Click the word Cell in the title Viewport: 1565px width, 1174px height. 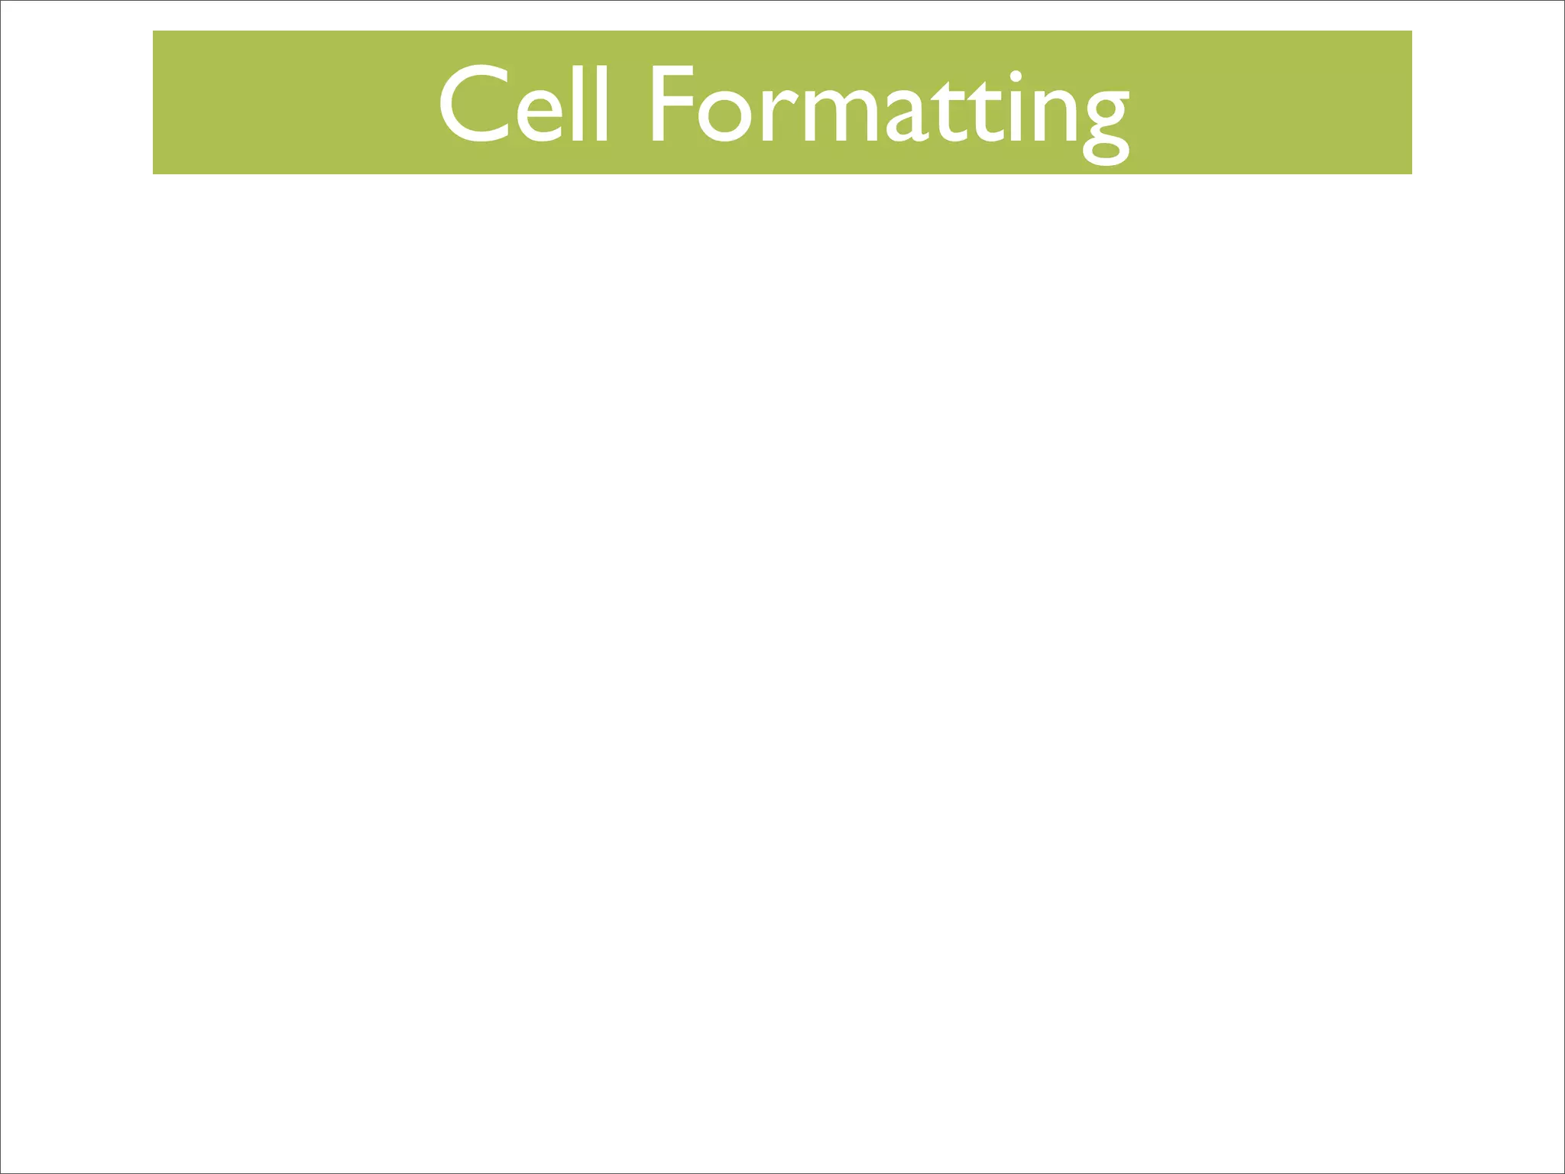coord(524,105)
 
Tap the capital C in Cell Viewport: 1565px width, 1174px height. coord(474,105)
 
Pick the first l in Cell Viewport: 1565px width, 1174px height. coord(578,103)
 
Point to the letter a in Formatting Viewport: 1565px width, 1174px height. coord(905,117)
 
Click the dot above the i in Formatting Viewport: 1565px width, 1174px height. coord(1016,76)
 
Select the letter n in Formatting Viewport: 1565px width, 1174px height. coord(1054,116)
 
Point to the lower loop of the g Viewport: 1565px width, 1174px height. coord(1106,151)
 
